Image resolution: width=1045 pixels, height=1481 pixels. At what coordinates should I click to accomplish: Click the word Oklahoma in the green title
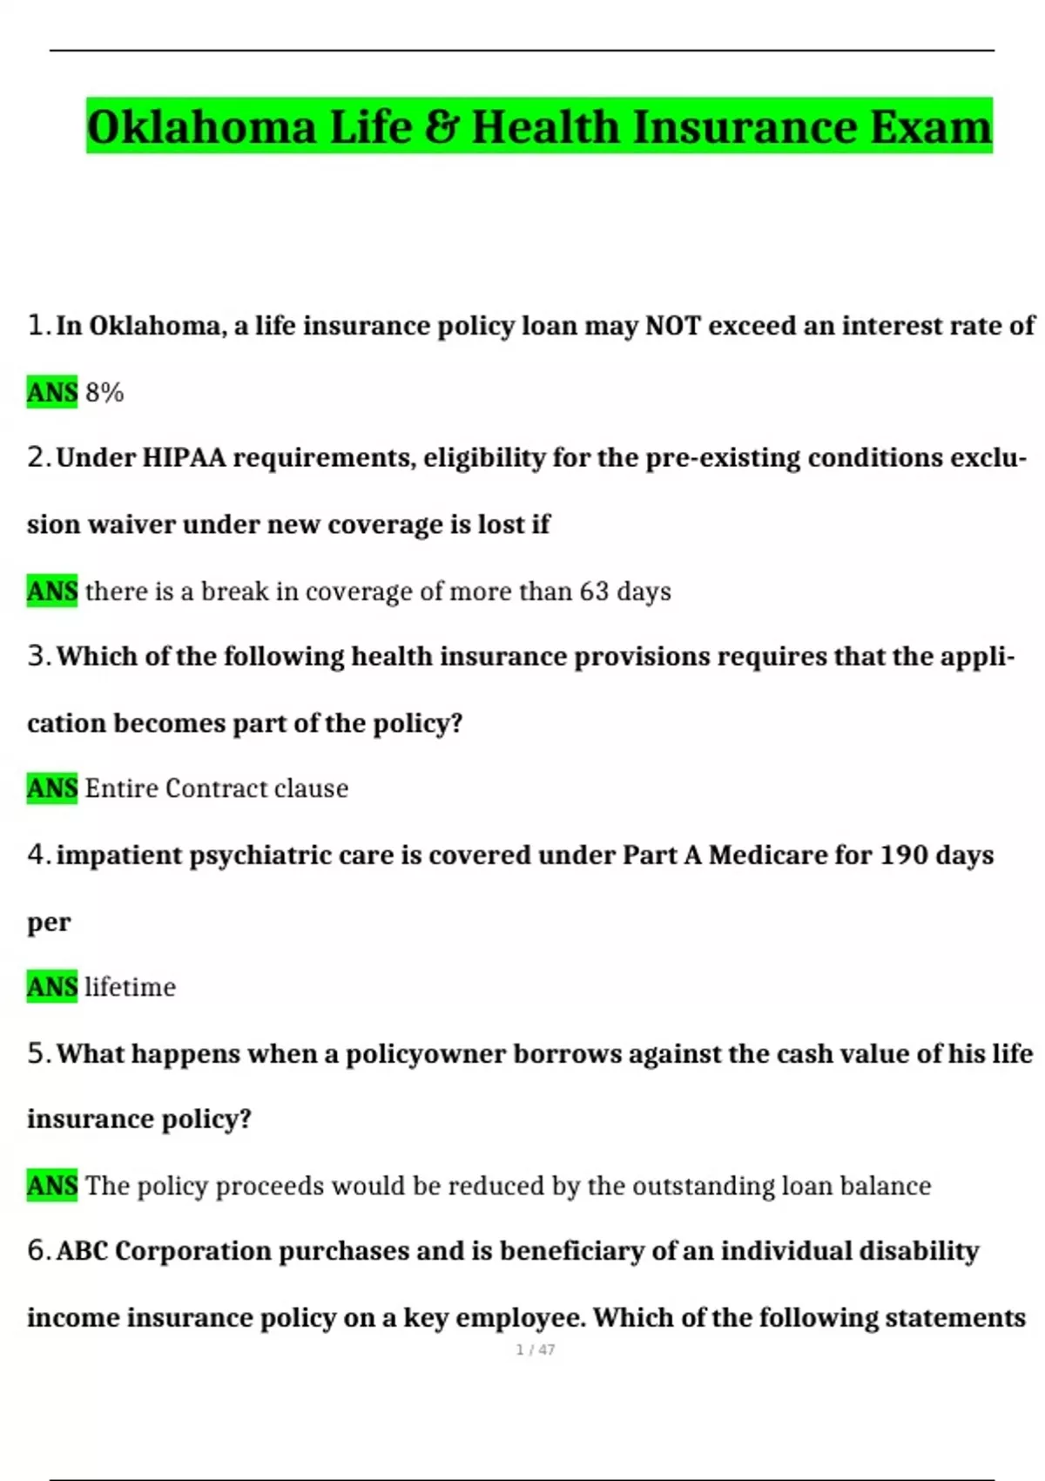pyautogui.click(x=201, y=126)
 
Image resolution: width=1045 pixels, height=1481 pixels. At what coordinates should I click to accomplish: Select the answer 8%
pyautogui.click(x=104, y=393)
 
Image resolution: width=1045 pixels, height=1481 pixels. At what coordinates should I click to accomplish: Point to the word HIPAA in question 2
pyautogui.click(x=183, y=457)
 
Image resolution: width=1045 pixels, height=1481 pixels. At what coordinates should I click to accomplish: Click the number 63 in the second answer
pyautogui.click(x=594, y=592)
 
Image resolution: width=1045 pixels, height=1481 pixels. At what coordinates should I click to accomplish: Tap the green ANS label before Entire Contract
pyautogui.click(x=52, y=788)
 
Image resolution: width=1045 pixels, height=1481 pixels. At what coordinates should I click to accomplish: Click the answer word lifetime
pyautogui.click(x=130, y=987)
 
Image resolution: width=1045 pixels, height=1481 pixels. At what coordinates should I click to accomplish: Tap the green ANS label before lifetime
pyautogui.click(x=52, y=987)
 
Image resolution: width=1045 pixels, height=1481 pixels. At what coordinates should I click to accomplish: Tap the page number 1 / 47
pyautogui.click(x=535, y=1349)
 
